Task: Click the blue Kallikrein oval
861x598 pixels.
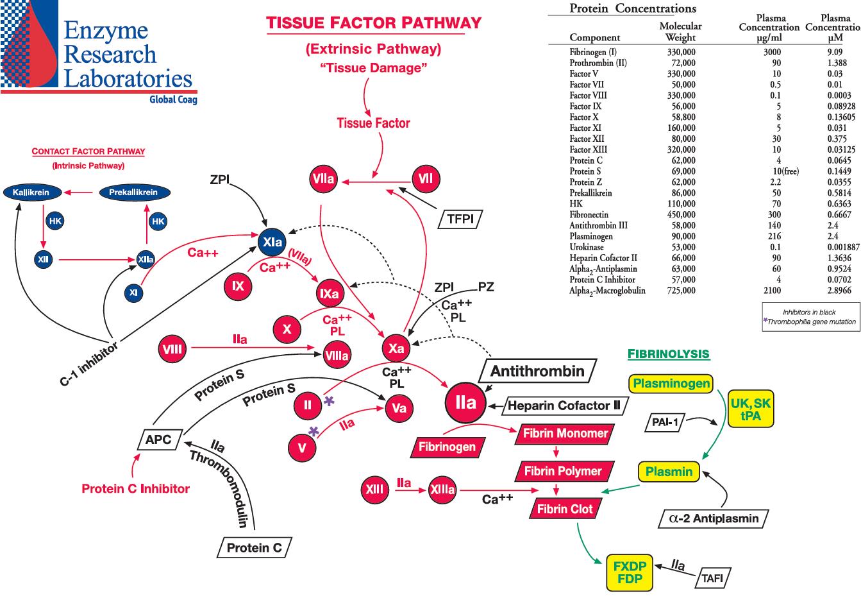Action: click(x=31, y=192)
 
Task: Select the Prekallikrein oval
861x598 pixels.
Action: click(x=133, y=192)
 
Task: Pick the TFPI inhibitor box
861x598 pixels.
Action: click(x=460, y=219)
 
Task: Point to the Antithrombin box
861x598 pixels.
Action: click(x=537, y=371)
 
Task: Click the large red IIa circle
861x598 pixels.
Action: click(x=465, y=402)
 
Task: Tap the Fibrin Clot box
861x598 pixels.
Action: click(x=565, y=509)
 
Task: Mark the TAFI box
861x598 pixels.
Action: click(x=712, y=577)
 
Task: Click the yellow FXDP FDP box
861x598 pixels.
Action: click(x=630, y=573)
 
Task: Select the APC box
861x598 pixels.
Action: click(x=158, y=440)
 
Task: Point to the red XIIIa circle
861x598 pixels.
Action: click(x=442, y=490)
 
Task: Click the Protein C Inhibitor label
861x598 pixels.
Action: click(x=136, y=489)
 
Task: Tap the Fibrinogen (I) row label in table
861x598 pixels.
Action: click(x=593, y=52)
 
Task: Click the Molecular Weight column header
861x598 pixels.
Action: click(x=680, y=31)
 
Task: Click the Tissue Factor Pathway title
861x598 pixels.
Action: click(x=374, y=23)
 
